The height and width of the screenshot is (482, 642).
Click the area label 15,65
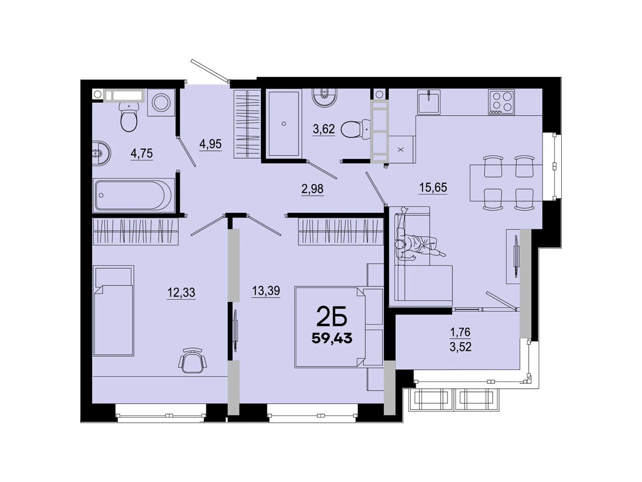433,188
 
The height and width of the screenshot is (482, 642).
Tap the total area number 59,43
332,338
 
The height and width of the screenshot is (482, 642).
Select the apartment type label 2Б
331,317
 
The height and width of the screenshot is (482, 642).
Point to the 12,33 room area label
181,292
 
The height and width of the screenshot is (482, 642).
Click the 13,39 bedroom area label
266,290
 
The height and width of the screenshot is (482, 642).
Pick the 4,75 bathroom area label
141,153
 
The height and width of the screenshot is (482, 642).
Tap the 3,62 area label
323,129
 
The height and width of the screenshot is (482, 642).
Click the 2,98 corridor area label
312,189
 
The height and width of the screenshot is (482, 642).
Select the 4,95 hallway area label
210,144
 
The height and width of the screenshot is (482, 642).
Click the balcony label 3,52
460,347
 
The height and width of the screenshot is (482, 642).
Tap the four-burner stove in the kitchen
501,102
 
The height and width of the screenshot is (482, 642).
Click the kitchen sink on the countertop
429,102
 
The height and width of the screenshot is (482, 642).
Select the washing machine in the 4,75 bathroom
161,102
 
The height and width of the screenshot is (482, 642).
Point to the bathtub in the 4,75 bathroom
134,195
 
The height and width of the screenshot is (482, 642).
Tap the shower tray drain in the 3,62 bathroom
284,124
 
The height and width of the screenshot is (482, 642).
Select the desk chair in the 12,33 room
193,361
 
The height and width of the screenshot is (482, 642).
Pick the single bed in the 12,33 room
114,310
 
